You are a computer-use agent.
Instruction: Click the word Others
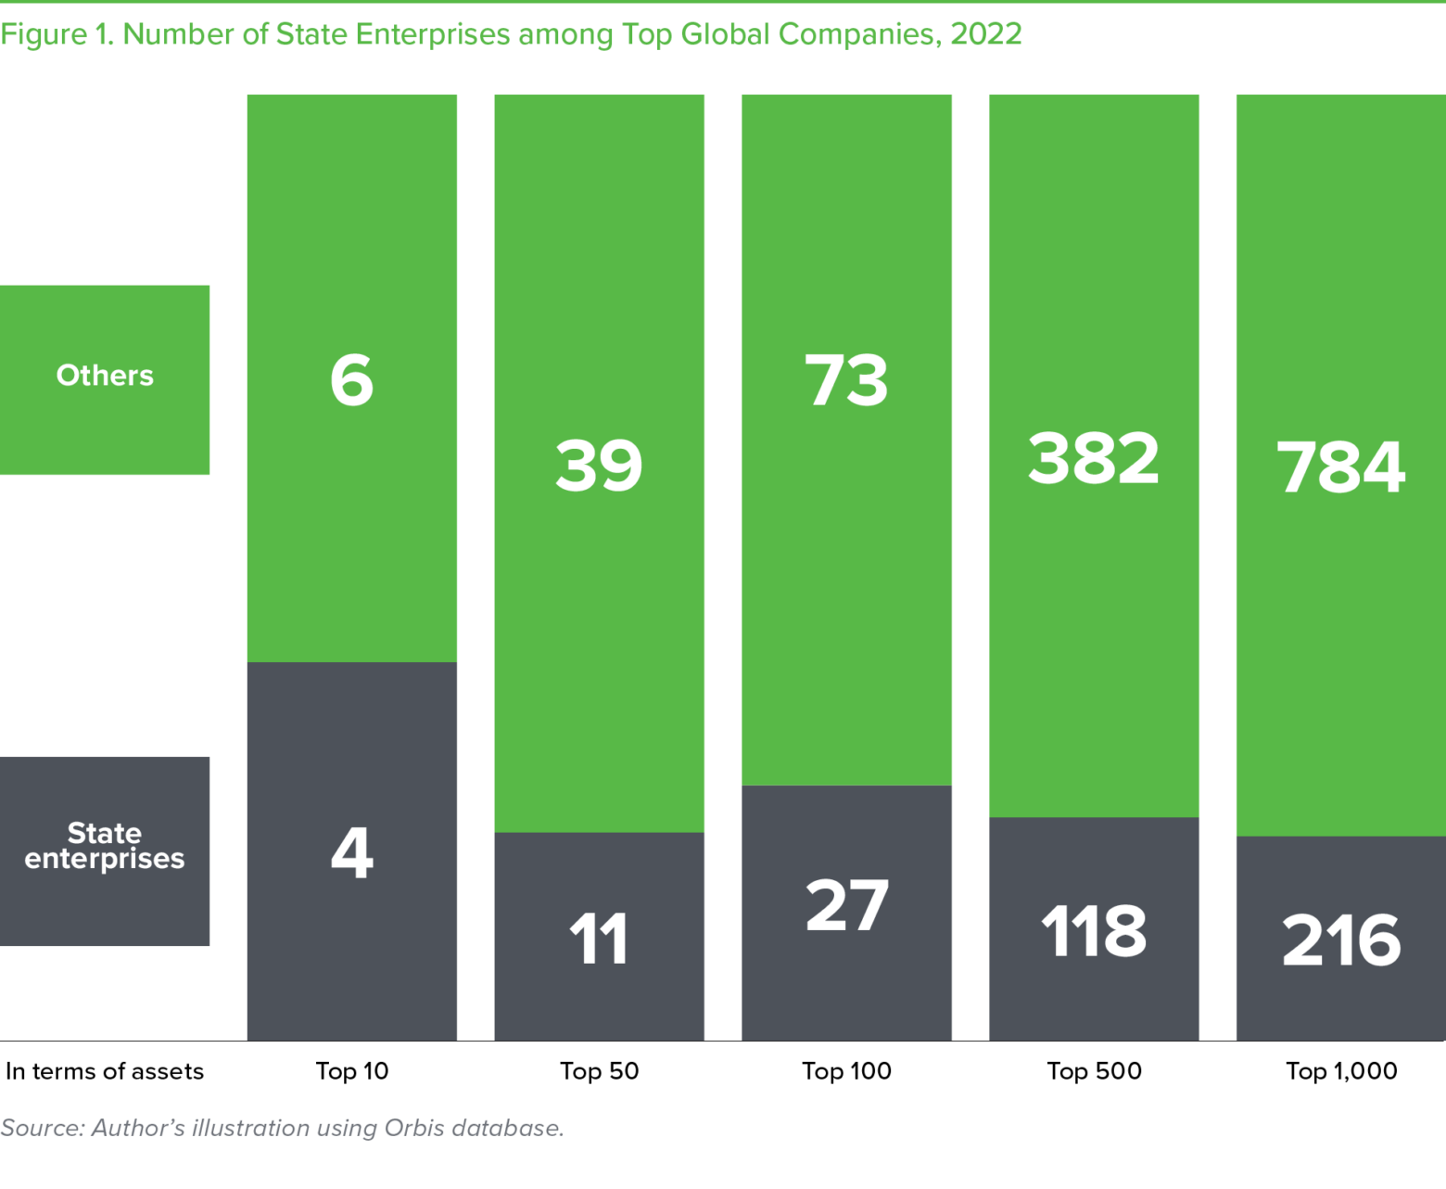(105, 376)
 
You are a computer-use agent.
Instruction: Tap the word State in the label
(105, 833)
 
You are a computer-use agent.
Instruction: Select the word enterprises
(105, 859)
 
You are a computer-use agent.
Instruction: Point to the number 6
(352, 380)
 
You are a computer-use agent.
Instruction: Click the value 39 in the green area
(599, 465)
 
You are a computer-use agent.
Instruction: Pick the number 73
(846, 380)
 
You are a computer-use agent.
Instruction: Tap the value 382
(1094, 458)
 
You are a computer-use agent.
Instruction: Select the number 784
(1341, 467)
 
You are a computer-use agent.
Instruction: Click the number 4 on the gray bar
(352, 852)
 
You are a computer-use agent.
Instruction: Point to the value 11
(599, 939)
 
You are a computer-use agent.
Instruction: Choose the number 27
(846, 905)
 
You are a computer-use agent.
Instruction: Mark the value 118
(1094, 931)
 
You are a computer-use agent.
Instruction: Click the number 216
(1341, 940)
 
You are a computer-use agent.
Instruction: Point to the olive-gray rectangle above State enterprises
(123, 710)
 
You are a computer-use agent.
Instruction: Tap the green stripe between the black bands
(723, 36)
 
